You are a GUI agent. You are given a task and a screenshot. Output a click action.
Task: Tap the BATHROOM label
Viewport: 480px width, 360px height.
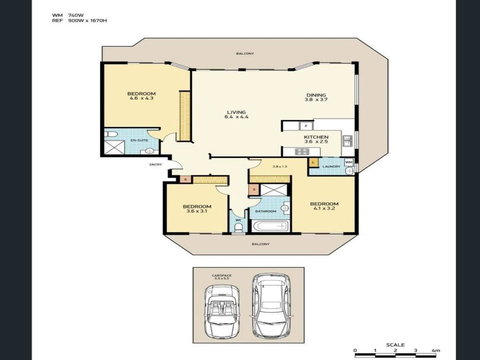265,211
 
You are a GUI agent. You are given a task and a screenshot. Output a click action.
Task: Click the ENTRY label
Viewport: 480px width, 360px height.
154,163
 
